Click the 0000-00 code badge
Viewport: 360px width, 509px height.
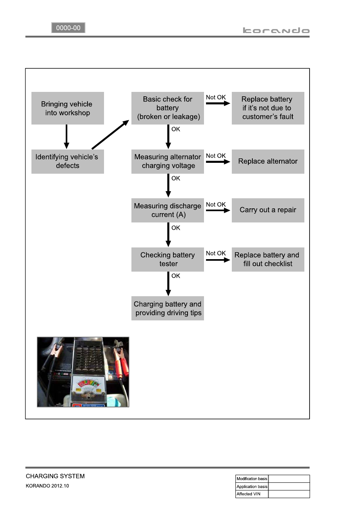coord(68,28)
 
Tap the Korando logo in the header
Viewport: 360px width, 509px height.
coord(276,30)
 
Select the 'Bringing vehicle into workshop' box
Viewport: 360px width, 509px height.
coord(67,108)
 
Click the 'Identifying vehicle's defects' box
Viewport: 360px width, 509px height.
coord(67,161)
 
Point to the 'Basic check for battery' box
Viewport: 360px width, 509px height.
coord(167,108)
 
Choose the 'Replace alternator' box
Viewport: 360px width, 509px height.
coord(268,161)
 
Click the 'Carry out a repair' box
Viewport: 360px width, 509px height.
coord(268,210)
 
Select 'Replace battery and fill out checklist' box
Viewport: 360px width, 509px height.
coord(268,259)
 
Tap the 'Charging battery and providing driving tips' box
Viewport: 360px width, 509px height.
coord(167,308)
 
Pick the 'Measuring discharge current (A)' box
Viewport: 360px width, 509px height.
coord(167,210)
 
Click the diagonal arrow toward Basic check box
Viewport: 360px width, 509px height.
coord(110,135)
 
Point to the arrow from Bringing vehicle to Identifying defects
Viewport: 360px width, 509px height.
coord(67,137)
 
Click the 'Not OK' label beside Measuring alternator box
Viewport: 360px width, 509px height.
coord(216,156)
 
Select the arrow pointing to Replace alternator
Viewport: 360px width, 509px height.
coord(218,162)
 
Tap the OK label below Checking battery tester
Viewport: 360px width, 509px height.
coord(176,276)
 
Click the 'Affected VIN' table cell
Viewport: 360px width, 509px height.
coord(252,494)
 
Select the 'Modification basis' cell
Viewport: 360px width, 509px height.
coord(252,479)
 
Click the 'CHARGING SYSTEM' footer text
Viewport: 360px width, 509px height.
coord(55,476)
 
